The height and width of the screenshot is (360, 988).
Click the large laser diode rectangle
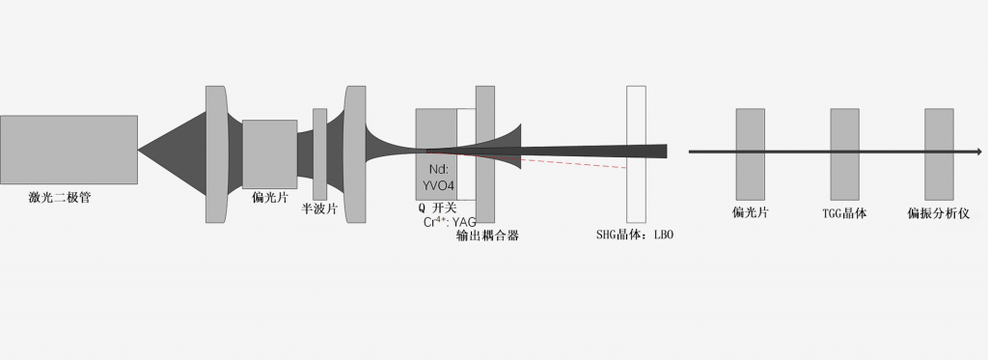[x=69, y=151]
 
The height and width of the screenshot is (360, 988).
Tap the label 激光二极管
[x=67, y=198]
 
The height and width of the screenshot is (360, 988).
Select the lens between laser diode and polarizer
[x=216, y=154]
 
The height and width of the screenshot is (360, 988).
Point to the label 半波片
[x=319, y=208]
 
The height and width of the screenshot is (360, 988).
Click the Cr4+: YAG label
[x=450, y=222]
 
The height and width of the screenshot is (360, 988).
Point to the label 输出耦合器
[x=487, y=235]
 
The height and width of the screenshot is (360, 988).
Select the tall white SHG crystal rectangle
[x=636, y=153]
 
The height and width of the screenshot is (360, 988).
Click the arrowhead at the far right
[x=978, y=152]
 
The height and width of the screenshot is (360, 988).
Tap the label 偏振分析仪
[x=937, y=213]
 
